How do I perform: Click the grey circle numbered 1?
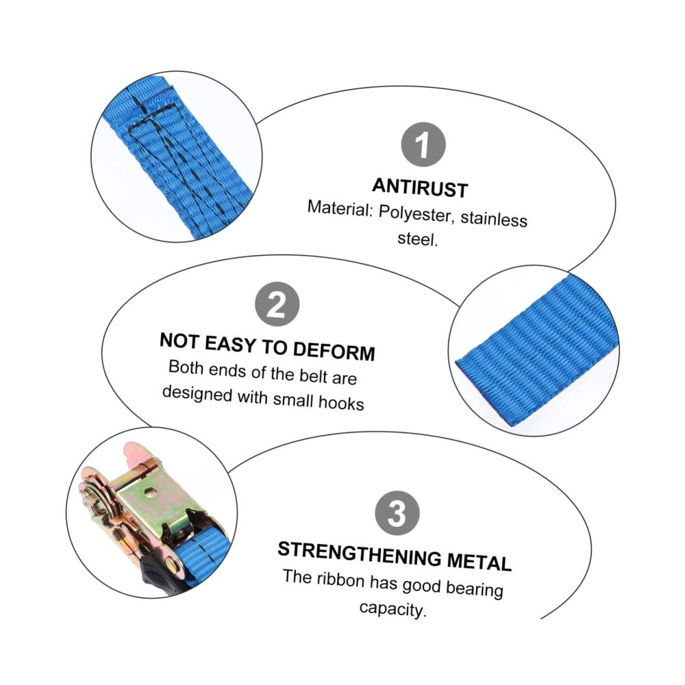[x=423, y=145]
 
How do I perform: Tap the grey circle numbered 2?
[x=277, y=304]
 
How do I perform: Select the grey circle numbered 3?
[x=397, y=513]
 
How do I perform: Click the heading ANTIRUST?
[x=421, y=188]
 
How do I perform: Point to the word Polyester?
[x=414, y=213]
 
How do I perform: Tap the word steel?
[x=417, y=239]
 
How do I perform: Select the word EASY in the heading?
[x=230, y=344]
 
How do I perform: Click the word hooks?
[x=341, y=403]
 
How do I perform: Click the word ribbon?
[x=340, y=580]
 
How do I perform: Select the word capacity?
[x=392, y=609]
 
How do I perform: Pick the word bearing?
[x=475, y=589]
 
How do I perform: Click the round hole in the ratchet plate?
[x=151, y=493]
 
